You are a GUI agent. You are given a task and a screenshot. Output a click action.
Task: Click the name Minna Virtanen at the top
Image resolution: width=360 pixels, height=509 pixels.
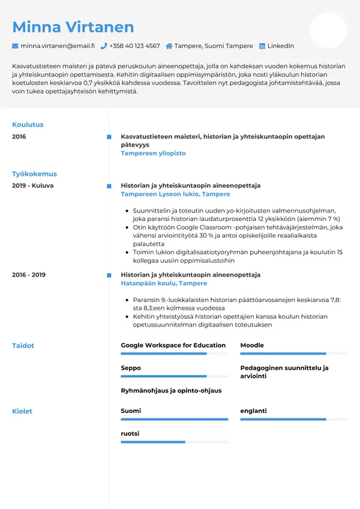pyautogui.click(x=73, y=27)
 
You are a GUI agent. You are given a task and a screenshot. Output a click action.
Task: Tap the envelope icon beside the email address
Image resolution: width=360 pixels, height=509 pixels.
pyautogui.click(x=15, y=46)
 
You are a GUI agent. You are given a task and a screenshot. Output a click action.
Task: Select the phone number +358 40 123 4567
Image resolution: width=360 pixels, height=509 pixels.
pyautogui.click(x=134, y=46)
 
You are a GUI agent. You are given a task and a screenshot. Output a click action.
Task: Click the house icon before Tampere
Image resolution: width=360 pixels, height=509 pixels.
pyautogui.click(x=169, y=46)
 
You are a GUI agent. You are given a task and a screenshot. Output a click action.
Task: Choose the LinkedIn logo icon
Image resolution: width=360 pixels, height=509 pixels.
pyautogui.click(x=262, y=46)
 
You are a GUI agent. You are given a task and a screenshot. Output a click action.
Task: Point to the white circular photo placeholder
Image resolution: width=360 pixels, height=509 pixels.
pyautogui.click(x=328, y=30)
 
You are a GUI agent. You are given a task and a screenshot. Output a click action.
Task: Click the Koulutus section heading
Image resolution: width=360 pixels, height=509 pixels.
pyautogui.click(x=28, y=125)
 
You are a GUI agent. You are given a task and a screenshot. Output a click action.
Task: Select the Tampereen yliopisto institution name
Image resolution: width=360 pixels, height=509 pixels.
pyautogui.click(x=153, y=154)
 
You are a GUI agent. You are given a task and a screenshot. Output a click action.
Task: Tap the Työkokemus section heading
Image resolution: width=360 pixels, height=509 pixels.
pyautogui.click(x=34, y=174)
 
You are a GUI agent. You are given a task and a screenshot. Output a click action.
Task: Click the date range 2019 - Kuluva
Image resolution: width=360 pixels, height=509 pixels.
pyautogui.click(x=32, y=186)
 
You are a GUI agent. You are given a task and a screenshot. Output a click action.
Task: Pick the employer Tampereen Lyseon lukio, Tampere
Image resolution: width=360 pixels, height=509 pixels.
pyautogui.click(x=175, y=194)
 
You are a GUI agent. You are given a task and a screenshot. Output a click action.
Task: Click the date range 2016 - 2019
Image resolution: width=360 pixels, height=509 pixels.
pyautogui.click(x=28, y=275)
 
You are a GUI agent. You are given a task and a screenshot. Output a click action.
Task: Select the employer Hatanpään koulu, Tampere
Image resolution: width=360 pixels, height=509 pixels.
pyautogui.click(x=163, y=283)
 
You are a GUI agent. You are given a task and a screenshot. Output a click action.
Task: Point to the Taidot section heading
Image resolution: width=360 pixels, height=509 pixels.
pyautogui.click(x=23, y=346)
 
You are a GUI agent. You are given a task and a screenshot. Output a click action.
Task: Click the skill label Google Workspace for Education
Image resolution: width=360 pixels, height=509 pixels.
pyautogui.click(x=173, y=346)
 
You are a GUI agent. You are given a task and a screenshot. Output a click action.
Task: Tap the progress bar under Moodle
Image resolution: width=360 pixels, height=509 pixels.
pyautogui.click(x=293, y=354)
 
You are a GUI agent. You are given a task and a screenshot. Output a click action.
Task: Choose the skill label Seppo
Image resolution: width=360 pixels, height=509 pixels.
pyautogui.click(x=131, y=368)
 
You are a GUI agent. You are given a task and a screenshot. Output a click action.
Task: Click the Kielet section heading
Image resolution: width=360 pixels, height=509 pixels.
pyautogui.click(x=22, y=412)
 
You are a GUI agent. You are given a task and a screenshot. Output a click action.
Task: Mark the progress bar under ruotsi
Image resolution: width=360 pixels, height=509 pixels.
pyautogui.click(x=174, y=442)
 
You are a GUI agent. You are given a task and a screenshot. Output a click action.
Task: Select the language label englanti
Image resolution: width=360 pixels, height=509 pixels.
pyautogui.click(x=253, y=411)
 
